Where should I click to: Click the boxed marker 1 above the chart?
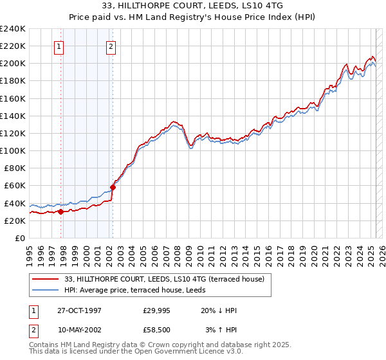click(59, 46)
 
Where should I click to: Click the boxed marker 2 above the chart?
click(111, 46)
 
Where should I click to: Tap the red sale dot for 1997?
click(61, 212)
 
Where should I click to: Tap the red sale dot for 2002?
click(113, 187)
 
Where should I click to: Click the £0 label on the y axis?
click(20, 238)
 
